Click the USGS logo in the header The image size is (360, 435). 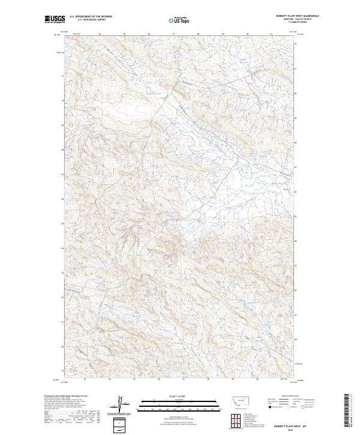point(54,19)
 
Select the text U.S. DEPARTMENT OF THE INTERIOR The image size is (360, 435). point(91,16)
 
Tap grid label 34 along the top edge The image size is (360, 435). point(100,34)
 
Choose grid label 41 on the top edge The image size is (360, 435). point(271,34)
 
